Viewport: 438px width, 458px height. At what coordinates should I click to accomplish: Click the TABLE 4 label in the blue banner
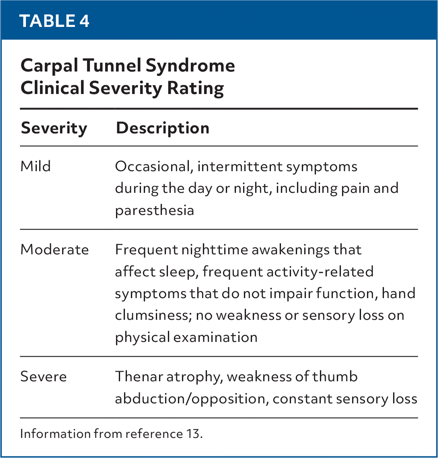(54, 21)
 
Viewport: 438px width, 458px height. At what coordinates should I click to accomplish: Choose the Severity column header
(54, 129)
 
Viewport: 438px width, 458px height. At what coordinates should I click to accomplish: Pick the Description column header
(162, 129)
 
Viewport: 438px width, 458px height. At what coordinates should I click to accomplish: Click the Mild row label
(36, 166)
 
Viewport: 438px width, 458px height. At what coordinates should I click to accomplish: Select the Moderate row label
(55, 250)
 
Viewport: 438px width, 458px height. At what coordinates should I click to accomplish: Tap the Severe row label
(43, 377)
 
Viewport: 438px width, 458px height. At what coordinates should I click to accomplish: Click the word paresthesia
(154, 210)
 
